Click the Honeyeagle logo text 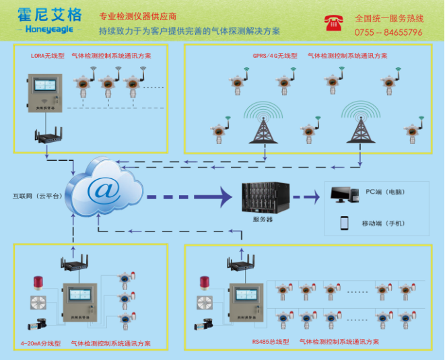(x=43, y=30)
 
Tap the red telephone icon (x=331, y=22)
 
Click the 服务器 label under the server (x=262, y=219)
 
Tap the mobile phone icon (x=344, y=223)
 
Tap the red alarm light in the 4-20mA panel (x=38, y=282)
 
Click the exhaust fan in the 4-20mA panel (x=38, y=302)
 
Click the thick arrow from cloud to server (x=189, y=197)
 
